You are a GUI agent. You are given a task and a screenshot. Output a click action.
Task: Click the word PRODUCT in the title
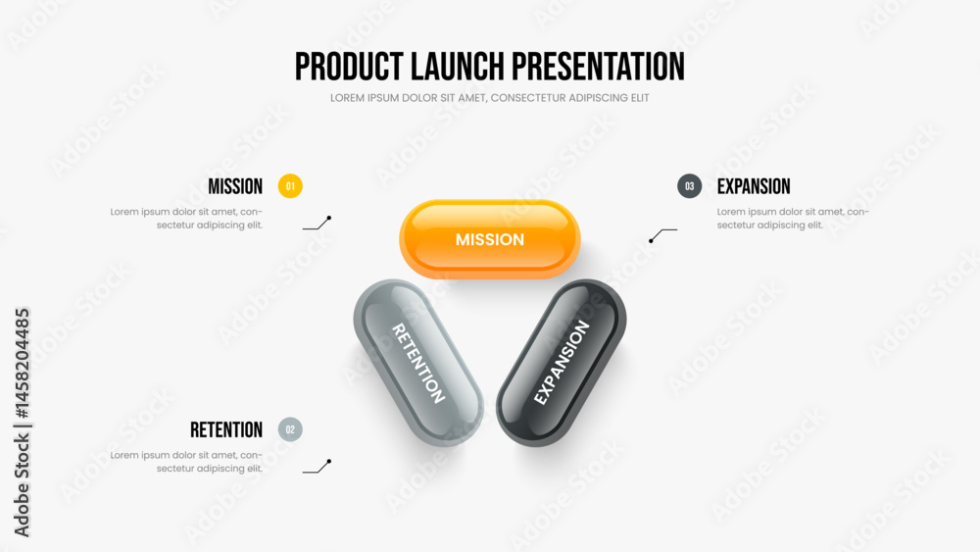348,67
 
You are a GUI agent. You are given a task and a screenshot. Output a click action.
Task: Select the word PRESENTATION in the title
598,67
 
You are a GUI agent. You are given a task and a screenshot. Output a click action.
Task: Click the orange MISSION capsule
490,239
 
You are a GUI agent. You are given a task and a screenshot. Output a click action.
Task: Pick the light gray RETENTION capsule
418,363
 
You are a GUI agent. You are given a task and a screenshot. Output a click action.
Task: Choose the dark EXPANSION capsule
562,363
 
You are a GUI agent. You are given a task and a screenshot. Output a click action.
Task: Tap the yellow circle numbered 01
290,185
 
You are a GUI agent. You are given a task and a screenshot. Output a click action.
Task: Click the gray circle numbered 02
290,429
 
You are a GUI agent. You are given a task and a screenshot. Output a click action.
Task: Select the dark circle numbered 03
689,185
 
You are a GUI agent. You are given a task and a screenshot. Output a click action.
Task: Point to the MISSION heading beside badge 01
235,186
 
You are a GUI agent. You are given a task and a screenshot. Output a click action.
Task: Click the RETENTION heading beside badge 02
226,430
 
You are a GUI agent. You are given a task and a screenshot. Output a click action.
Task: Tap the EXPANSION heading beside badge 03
754,186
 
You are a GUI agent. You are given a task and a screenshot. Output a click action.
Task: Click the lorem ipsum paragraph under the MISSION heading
186,219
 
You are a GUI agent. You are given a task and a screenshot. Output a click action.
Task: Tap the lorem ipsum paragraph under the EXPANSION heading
793,219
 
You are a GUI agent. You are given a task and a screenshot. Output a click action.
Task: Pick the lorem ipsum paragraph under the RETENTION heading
186,462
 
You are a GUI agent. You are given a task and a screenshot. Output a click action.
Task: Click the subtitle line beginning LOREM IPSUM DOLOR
490,98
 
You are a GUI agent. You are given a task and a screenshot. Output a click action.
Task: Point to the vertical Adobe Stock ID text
22,423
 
